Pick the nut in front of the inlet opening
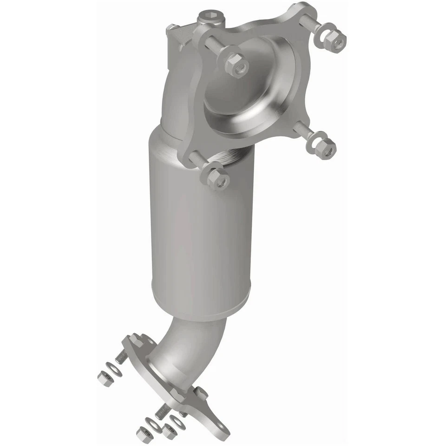point(236,65)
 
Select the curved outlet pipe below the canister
point(195,344)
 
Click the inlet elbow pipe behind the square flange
point(179,93)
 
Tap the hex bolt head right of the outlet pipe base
point(201,393)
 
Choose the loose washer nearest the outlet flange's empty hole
point(178,422)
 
